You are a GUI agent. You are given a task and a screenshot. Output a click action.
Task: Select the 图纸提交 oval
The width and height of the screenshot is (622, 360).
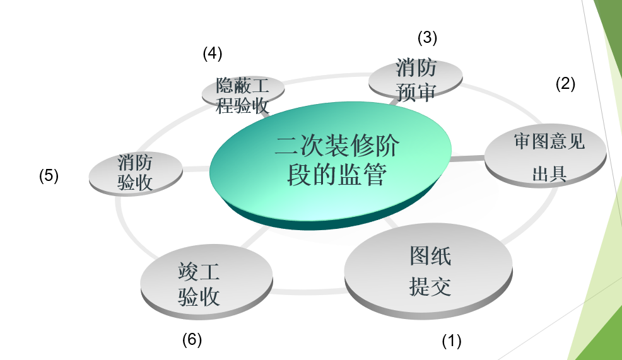click(429, 271)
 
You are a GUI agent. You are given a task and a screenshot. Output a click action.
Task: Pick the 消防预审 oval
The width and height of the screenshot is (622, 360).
click(415, 79)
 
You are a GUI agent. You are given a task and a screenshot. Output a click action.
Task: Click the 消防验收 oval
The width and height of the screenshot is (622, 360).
click(135, 172)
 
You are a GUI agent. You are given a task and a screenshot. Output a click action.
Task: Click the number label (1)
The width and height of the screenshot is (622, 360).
click(451, 341)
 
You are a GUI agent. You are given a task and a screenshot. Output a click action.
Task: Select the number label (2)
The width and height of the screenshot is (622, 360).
click(565, 84)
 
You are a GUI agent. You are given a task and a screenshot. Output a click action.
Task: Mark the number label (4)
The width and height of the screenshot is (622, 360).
click(213, 54)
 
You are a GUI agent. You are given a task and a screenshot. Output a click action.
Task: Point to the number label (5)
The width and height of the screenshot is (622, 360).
click(49, 175)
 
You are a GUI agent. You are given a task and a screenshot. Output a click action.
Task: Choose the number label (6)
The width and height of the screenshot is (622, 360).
click(192, 340)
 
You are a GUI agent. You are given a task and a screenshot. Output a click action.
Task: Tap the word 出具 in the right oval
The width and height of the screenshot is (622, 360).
click(549, 175)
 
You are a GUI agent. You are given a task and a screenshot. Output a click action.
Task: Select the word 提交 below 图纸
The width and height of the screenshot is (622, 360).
click(430, 287)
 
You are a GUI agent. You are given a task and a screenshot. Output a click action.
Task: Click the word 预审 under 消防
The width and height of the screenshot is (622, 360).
click(416, 92)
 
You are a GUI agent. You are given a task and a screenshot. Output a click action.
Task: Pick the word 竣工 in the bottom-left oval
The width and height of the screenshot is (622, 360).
click(199, 272)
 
